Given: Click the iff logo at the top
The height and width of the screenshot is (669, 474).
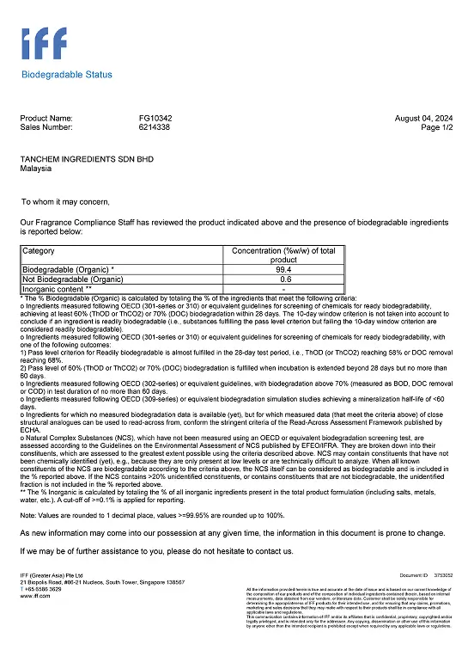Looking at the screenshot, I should point(44,44).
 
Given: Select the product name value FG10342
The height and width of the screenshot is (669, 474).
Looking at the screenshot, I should point(155,118).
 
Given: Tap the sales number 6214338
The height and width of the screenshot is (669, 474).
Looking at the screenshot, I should point(155,126).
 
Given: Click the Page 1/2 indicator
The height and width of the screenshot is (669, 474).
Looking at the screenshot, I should point(435,126).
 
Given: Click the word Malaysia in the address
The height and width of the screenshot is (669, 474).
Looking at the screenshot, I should point(36,169).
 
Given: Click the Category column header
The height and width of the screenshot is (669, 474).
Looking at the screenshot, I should point(38,251).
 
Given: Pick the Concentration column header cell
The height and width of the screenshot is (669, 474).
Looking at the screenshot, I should point(283,255).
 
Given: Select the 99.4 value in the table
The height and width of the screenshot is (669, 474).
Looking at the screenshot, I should point(283,269).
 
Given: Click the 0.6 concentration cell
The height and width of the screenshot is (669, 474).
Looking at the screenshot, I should point(283,279).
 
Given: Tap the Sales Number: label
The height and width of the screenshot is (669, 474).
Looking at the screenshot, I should point(46,126).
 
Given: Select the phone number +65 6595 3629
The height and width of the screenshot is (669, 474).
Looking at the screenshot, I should point(44,589).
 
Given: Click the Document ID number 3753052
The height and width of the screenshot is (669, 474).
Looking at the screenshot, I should point(444,574).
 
